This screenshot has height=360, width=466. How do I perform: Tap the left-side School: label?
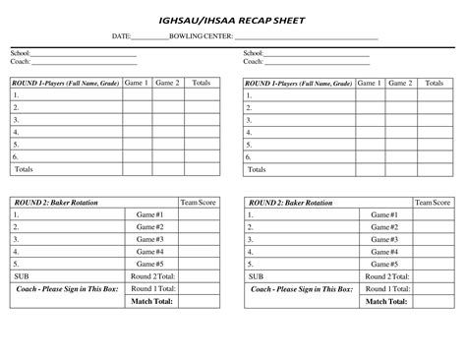[21, 53]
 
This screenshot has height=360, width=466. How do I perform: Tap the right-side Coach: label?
[254, 61]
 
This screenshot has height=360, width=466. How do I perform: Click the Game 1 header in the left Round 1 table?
[137, 84]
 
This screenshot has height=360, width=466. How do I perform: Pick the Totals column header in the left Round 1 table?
[202, 84]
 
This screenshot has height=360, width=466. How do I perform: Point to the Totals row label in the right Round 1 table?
[257, 169]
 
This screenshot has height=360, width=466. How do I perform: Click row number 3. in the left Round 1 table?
[16, 120]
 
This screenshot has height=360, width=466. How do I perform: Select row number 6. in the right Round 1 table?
[250, 156]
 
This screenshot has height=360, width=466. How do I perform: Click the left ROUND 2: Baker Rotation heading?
[49, 203]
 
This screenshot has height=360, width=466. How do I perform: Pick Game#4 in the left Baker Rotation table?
[150, 252]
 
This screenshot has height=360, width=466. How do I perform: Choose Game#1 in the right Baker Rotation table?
[383, 214]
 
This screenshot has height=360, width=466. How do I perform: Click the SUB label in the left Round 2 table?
[22, 276]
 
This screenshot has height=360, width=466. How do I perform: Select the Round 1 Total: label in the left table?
[153, 289]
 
